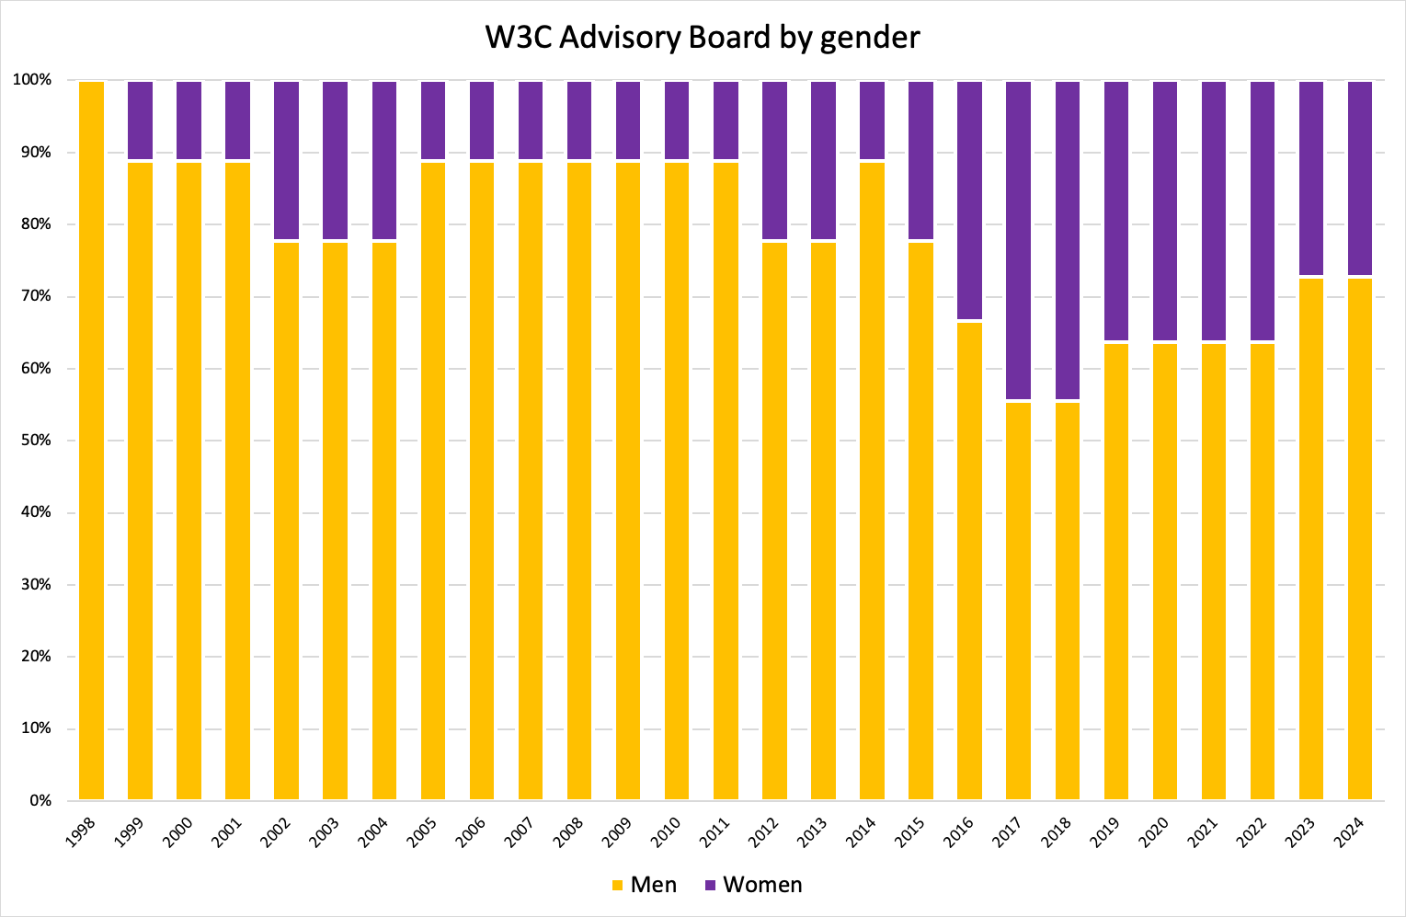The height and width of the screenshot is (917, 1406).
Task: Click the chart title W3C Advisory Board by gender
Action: (703, 38)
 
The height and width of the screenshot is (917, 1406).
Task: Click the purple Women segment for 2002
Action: (286, 160)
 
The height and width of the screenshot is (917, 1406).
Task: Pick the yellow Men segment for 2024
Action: (1359, 538)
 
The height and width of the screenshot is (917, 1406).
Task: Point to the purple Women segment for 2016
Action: (969, 200)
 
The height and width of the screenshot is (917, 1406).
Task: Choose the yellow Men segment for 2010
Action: (677, 480)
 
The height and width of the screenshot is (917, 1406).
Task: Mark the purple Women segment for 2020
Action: (1164, 211)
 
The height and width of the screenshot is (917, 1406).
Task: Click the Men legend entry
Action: (645, 885)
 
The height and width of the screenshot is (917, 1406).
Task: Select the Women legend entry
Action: (753, 885)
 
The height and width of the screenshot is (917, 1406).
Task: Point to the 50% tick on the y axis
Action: (38, 441)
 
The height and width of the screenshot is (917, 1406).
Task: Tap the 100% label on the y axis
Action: (32, 81)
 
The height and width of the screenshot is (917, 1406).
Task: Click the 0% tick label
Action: (40, 801)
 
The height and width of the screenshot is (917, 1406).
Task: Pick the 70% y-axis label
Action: (38, 297)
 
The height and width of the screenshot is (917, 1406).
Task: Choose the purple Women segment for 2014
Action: (872, 120)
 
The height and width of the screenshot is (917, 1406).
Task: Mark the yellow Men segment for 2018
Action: (1067, 600)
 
